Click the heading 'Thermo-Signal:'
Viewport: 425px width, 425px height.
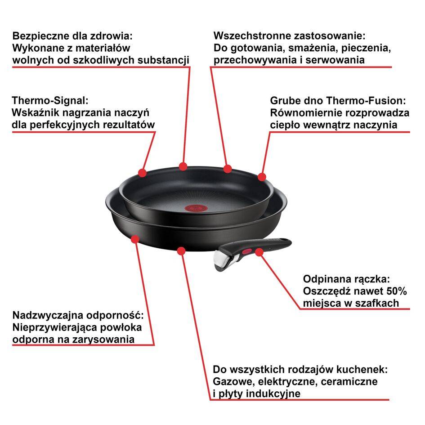[50, 100]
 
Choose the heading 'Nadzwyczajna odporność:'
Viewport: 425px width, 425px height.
[78, 315]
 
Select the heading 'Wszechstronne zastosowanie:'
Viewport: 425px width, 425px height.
[289, 36]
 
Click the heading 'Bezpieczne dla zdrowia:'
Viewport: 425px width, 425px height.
[73, 36]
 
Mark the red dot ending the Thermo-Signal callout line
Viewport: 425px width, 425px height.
[142, 173]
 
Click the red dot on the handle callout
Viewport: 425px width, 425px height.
[259, 252]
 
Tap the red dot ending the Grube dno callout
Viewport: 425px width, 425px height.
[262, 177]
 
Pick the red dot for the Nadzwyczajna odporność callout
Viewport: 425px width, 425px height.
[135, 240]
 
